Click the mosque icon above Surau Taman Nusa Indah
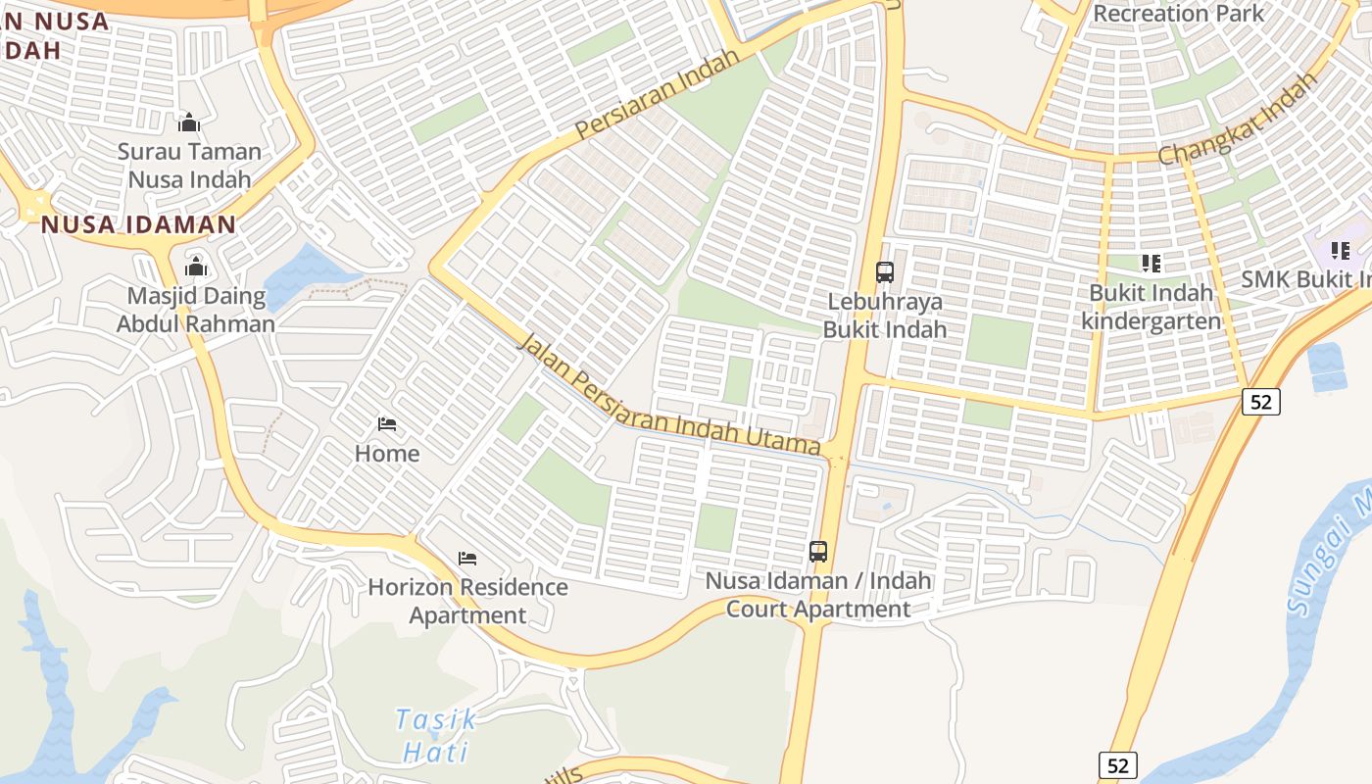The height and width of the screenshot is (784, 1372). [x=189, y=122]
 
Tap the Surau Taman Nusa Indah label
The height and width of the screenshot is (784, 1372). [x=190, y=166]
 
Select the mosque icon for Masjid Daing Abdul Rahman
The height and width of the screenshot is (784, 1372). [x=196, y=267]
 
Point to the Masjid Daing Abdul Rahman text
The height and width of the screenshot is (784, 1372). [x=196, y=310]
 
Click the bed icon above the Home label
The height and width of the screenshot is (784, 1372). [x=387, y=424]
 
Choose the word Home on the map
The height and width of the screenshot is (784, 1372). [x=387, y=454]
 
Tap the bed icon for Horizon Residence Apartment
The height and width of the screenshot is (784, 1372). [x=467, y=559]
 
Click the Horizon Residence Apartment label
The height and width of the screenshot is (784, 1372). [x=467, y=601]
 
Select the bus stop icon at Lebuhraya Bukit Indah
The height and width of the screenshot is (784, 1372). [x=885, y=271]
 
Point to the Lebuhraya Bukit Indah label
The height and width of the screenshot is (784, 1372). [x=885, y=315]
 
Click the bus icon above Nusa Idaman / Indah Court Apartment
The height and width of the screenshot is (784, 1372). [x=818, y=552]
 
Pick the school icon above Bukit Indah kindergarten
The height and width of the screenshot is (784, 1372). [x=1151, y=263]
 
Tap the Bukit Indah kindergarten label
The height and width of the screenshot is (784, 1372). [x=1151, y=307]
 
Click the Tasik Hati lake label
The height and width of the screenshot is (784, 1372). [x=437, y=735]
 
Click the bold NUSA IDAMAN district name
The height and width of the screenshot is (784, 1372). [x=138, y=224]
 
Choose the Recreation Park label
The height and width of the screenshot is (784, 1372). [x=1179, y=14]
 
